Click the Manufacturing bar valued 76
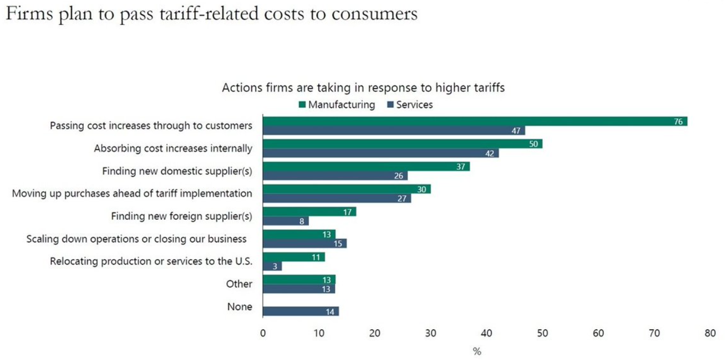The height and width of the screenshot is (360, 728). [475, 121]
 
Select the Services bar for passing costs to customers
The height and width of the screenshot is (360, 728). [394, 131]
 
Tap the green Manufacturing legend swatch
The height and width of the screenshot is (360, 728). [302, 105]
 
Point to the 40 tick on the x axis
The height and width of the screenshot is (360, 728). [487, 333]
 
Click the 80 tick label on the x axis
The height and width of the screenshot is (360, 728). [710, 333]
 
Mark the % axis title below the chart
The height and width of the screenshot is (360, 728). [476, 351]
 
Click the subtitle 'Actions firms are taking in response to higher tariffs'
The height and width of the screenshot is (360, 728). [363, 88]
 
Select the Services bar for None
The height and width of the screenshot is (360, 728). [300, 311]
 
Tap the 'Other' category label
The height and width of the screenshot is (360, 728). [239, 284]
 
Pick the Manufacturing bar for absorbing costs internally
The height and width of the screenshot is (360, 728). [402, 144]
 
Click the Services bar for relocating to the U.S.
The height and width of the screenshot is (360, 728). [272, 266]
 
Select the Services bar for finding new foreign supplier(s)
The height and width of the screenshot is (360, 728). [285, 221]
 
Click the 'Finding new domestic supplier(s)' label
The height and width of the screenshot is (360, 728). [177, 171]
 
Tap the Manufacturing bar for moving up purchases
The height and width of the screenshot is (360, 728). [346, 189]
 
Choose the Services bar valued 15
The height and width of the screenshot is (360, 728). [305, 243]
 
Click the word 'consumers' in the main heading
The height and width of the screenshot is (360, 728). [374, 14]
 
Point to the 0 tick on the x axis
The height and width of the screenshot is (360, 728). [263, 333]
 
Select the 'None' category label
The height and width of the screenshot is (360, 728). [240, 306]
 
